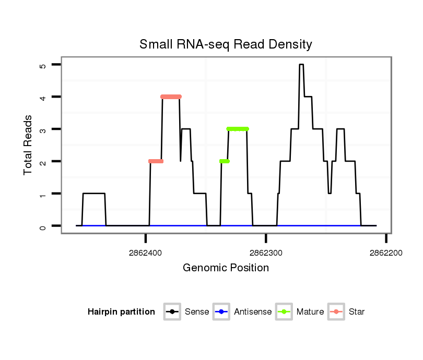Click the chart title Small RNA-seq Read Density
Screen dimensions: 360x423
pyautogui.click(x=226, y=44)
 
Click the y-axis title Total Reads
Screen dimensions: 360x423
pyautogui.click(x=29, y=145)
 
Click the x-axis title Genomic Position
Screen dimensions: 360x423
pyautogui.click(x=226, y=268)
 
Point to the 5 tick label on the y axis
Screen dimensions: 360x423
pyautogui.click(x=43, y=66)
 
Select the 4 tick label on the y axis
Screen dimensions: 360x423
pyautogui.click(x=43, y=98)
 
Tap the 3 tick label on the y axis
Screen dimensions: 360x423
pyautogui.click(x=43, y=130)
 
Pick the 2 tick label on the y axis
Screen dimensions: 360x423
pyautogui.click(x=43, y=162)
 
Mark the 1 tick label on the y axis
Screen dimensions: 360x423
pyautogui.click(x=43, y=194)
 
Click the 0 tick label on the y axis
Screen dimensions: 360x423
pyautogui.click(x=43, y=226)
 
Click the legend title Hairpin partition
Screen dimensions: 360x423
pyautogui.click(x=121, y=312)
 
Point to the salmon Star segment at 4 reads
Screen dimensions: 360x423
pyautogui.click(x=171, y=97)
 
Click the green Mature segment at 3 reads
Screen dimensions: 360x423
pyautogui.click(x=238, y=129)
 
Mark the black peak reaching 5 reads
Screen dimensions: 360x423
pyautogui.click(x=301, y=65)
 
